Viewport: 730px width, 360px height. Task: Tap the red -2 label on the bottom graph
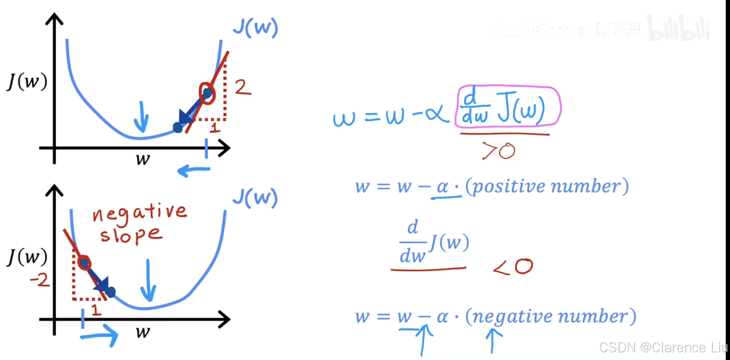click(40, 280)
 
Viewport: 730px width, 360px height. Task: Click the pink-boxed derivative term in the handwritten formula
click(507, 107)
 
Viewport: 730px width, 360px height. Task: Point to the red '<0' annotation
click(513, 267)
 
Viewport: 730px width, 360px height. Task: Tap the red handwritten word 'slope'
click(131, 235)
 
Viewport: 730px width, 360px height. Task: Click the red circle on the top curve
click(207, 93)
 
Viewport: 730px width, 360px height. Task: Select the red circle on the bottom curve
click(84, 263)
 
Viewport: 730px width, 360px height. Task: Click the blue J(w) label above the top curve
click(255, 28)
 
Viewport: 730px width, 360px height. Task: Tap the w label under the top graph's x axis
click(143, 160)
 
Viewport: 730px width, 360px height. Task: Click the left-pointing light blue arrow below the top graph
click(194, 171)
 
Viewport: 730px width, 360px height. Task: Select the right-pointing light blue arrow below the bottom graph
click(99, 336)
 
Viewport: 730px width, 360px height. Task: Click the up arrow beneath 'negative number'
click(493, 340)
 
